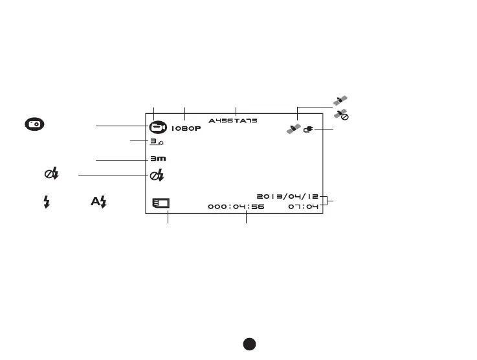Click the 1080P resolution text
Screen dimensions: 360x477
(186, 128)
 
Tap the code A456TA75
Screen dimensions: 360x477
(232, 121)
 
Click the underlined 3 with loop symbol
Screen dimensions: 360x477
(157, 141)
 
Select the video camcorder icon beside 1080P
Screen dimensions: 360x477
(157, 128)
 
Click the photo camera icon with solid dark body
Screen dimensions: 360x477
(36, 124)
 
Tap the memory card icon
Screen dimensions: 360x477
(160, 203)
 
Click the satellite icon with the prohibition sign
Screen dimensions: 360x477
(342, 115)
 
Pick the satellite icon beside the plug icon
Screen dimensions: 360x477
(294, 129)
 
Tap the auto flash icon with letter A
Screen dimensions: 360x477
(98, 202)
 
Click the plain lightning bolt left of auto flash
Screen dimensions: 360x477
(47, 202)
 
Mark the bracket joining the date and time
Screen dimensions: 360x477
(327, 201)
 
